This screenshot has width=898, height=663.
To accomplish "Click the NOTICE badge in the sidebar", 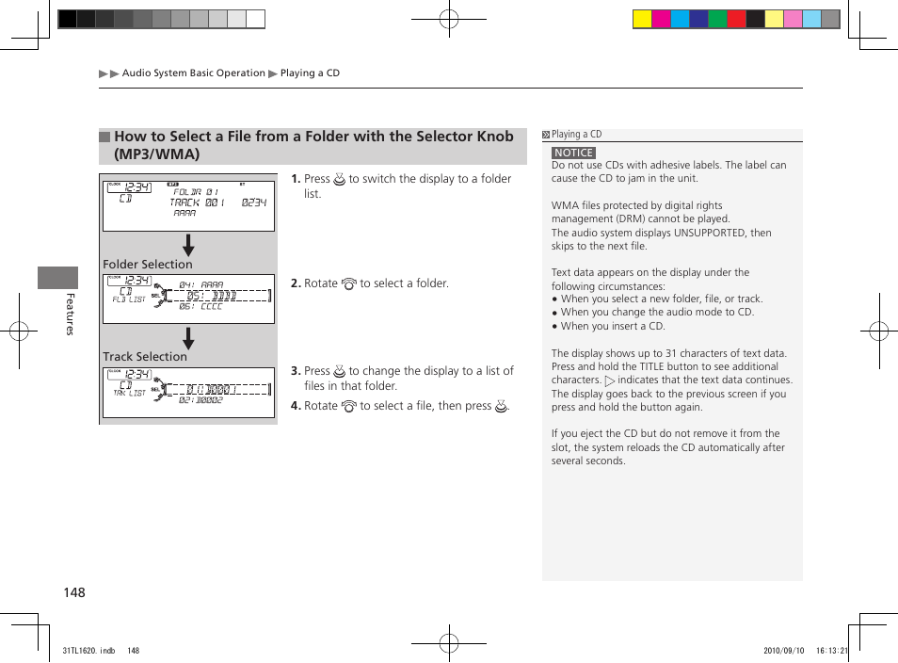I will [x=573, y=153].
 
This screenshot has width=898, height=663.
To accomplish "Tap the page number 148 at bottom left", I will [x=74, y=592].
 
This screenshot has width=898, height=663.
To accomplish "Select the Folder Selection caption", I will [x=147, y=265].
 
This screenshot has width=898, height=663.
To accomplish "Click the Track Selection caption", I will [x=145, y=357].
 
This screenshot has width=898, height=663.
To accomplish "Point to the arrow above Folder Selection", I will [x=188, y=246].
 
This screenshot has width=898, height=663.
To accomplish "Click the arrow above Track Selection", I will [x=188, y=339].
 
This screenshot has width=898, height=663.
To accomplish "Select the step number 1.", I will [x=295, y=179].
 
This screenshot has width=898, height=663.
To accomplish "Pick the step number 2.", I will [x=295, y=283].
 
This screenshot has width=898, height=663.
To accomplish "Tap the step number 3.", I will [x=295, y=371].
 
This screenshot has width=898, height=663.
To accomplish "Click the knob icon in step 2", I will [x=348, y=283].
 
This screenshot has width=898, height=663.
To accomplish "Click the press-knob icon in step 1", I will [x=340, y=179].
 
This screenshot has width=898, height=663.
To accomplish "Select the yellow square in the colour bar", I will [x=642, y=19].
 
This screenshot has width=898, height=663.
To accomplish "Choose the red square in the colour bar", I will [x=736, y=19].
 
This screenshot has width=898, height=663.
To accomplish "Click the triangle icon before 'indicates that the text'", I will [x=609, y=381].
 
